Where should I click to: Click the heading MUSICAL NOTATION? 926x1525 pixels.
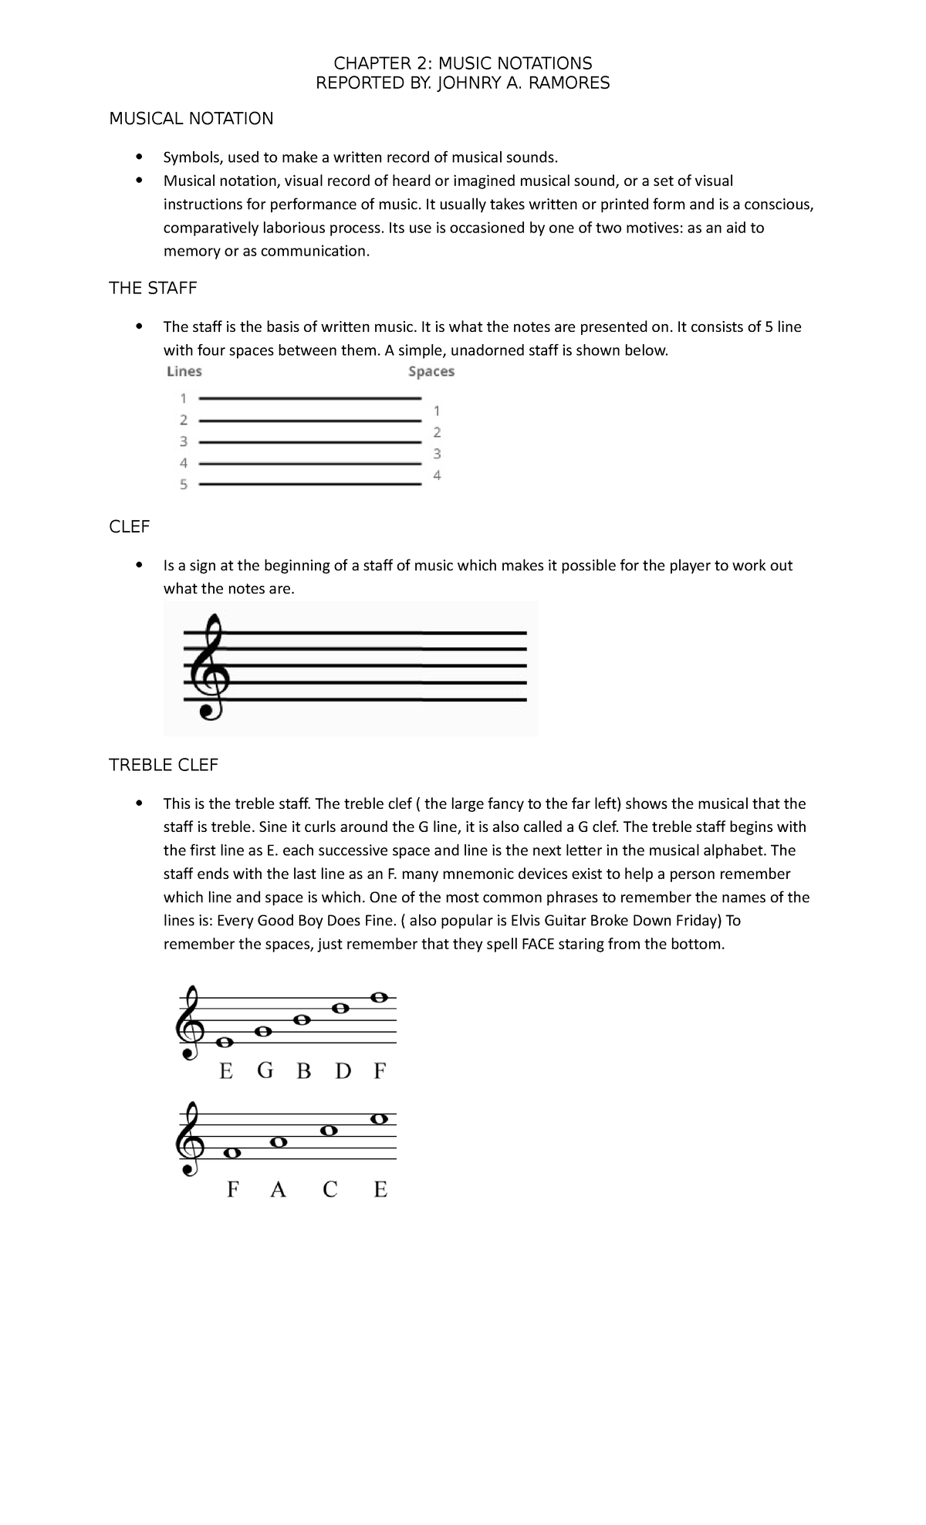click(x=191, y=118)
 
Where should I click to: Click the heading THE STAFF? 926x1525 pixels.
click(x=153, y=288)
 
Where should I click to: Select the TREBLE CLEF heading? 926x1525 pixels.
click(x=164, y=765)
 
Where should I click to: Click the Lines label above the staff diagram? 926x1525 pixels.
click(x=184, y=371)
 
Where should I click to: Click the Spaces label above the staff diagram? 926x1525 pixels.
click(x=431, y=371)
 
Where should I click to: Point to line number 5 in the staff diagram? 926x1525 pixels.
click(x=184, y=485)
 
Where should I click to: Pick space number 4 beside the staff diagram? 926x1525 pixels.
click(x=437, y=475)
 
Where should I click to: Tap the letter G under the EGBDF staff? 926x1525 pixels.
click(x=265, y=1071)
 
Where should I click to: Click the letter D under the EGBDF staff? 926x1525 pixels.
click(x=343, y=1071)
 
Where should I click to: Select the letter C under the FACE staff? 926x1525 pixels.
click(x=330, y=1190)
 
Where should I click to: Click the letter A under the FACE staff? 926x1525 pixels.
click(x=278, y=1190)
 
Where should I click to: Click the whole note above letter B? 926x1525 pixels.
click(x=302, y=1019)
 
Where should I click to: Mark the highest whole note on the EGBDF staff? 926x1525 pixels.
click(x=378, y=997)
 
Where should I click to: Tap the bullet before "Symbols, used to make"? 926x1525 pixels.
click(x=139, y=157)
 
